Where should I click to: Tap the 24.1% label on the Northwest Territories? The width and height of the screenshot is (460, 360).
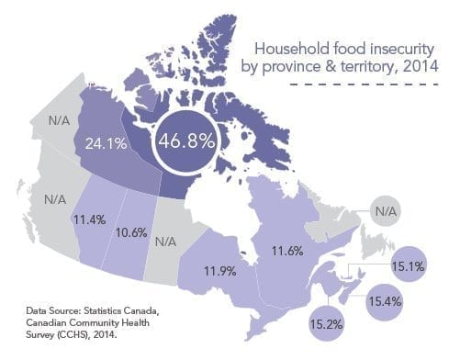[x=107, y=143]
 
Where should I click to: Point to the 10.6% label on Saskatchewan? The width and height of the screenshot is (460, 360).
[x=133, y=231]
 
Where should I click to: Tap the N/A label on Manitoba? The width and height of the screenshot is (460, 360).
[x=166, y=242]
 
